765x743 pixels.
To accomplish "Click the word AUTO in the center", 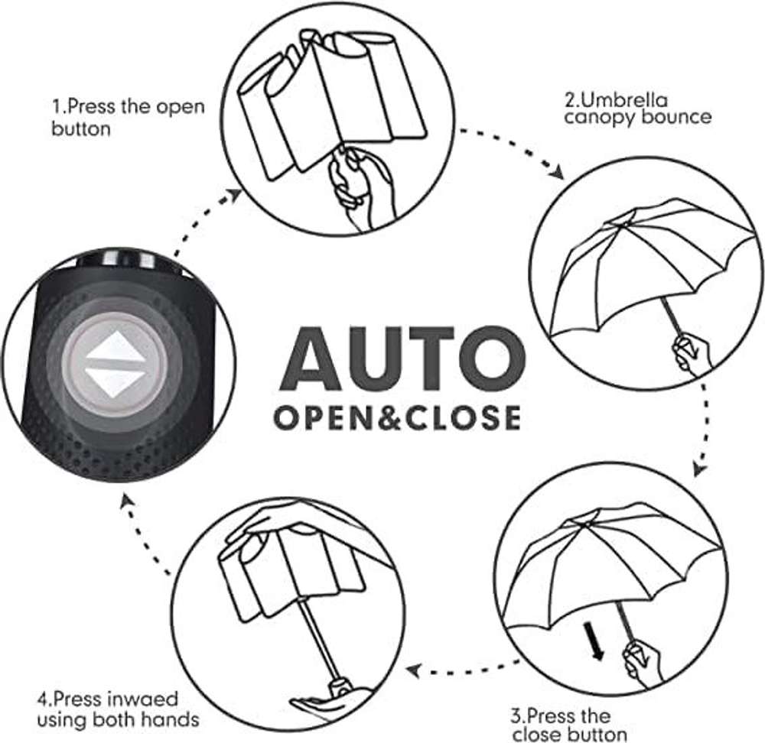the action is pyautogui.click(x=403, y=359).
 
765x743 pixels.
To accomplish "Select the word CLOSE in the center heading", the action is pyautogui.click(x=464, y=418).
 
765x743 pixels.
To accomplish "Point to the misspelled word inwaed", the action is pyautogui.click(x=142, y=699).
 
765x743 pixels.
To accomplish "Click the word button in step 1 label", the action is pyautogui.click(x=81, y=129).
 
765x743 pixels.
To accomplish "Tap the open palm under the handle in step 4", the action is pyautogui.click(x=332, y=702).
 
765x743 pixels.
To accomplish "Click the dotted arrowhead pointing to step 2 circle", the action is pyautogui.click(x=557, y=172).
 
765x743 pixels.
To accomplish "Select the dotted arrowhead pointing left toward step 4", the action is pyautogui.click(x=414, y=671).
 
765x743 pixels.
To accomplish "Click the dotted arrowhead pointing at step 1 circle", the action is pyautogui.click(x=234, y=195).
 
